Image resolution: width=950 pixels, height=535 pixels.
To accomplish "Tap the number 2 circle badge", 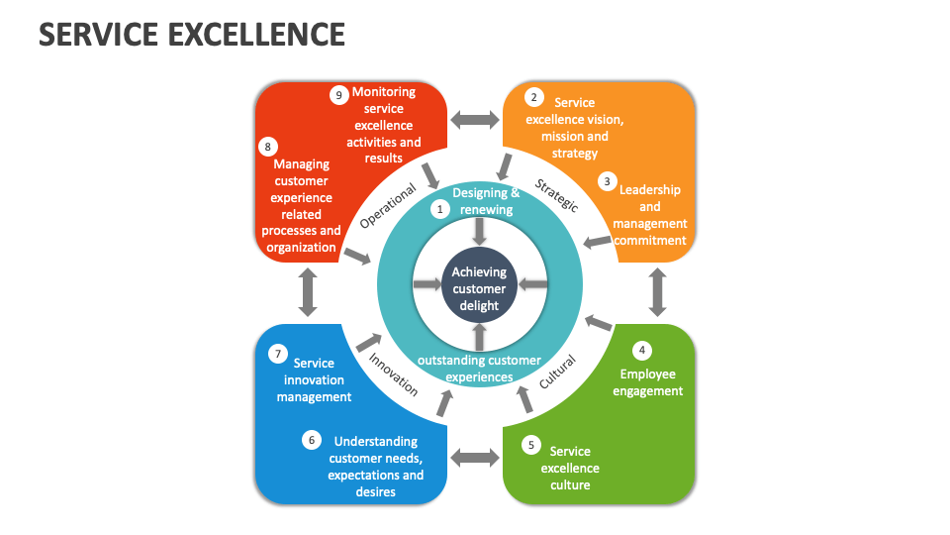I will tap(534, 97).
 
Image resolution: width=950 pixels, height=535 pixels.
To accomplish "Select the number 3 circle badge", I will tap(607, 181).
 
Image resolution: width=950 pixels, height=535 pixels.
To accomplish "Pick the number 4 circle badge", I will tap(642, 350).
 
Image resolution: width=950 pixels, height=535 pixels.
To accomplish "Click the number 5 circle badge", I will tap(531, 445).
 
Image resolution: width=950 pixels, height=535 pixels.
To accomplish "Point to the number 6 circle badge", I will tap(312, 440).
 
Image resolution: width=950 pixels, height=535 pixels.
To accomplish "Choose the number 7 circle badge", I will tap(278, 354).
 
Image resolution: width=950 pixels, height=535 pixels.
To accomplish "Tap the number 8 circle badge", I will tap(267, 147).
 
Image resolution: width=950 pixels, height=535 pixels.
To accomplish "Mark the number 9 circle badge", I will tap(338, 95).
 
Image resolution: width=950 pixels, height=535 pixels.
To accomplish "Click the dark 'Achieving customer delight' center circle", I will tap(478, 287).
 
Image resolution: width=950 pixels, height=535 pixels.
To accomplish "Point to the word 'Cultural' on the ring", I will tap(557, 372).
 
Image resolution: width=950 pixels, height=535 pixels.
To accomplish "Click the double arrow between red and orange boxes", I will tap(476, 120).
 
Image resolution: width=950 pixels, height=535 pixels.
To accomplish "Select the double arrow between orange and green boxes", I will tap(655, 292).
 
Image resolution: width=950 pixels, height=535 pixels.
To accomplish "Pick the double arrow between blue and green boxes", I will tap(476, 457).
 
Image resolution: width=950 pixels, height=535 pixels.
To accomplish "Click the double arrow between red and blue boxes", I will tap(308, 292).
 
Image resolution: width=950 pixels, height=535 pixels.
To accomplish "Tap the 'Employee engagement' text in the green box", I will tap(648, 382).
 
